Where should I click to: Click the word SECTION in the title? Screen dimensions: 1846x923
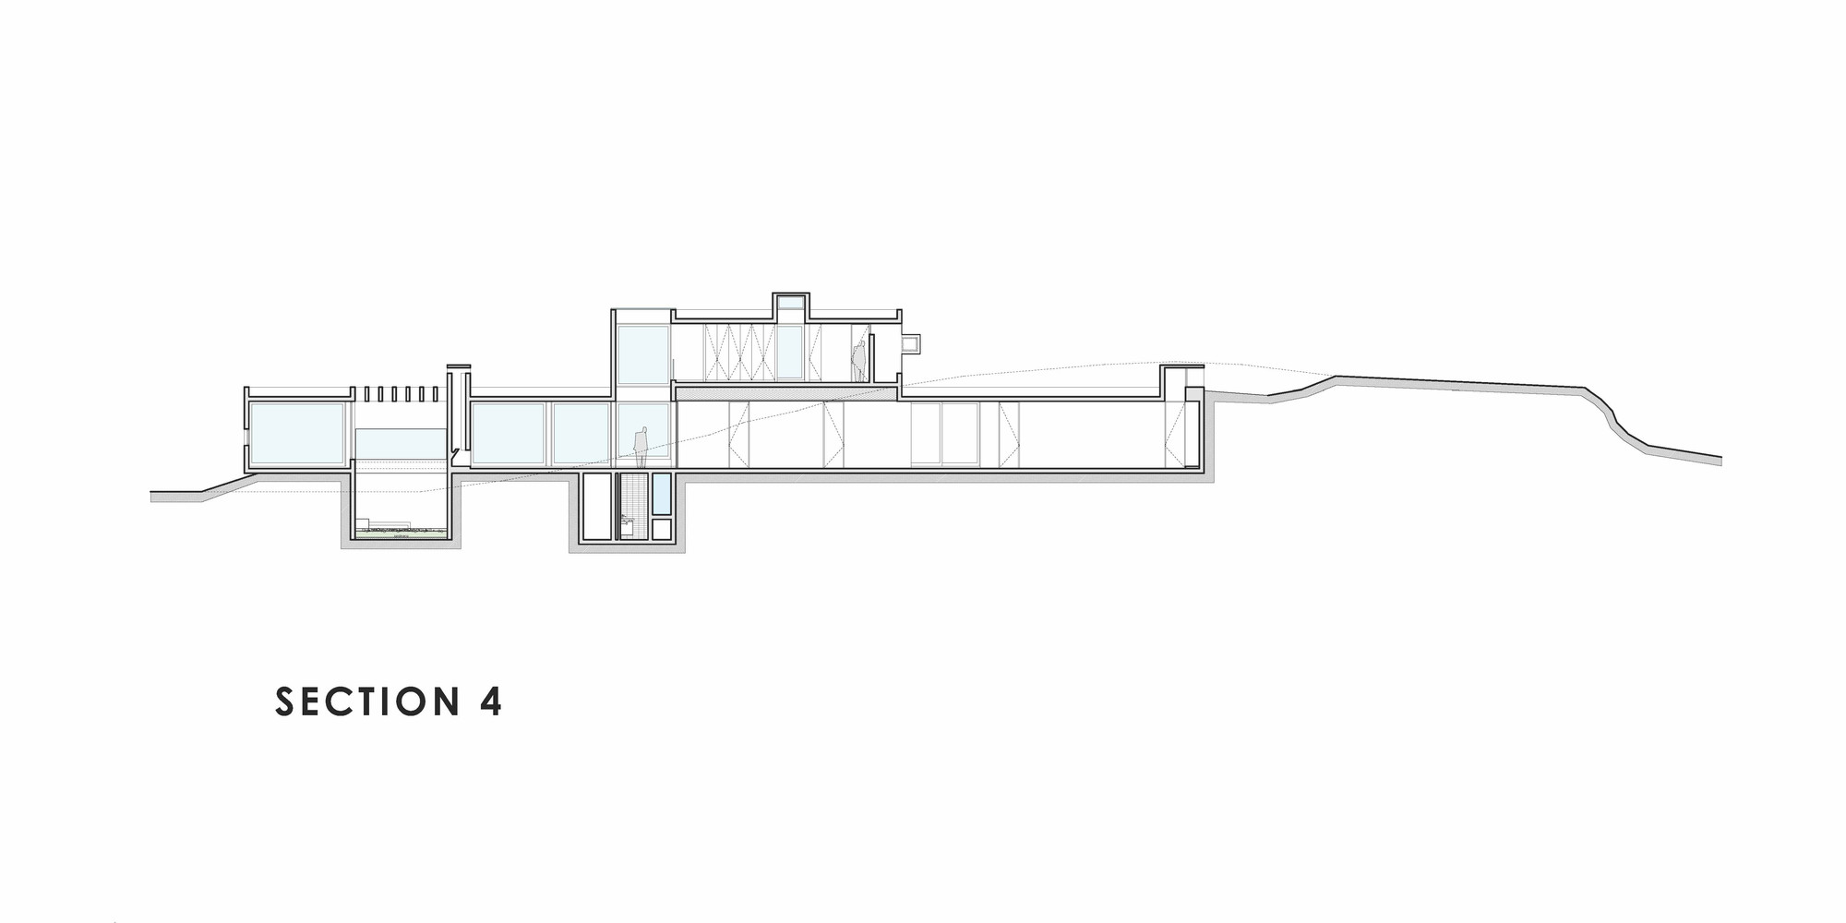tap(367, 701)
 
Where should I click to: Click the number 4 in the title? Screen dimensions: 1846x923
tap(491, 701)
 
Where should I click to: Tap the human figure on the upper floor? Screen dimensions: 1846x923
tap(858, 361)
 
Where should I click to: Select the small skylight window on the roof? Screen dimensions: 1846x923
tap(791, 303)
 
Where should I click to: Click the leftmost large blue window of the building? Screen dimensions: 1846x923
tap(296, 433)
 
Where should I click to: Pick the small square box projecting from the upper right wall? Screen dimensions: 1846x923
tap(910, 343)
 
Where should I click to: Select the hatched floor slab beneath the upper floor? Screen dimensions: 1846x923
tap(787, 394)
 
